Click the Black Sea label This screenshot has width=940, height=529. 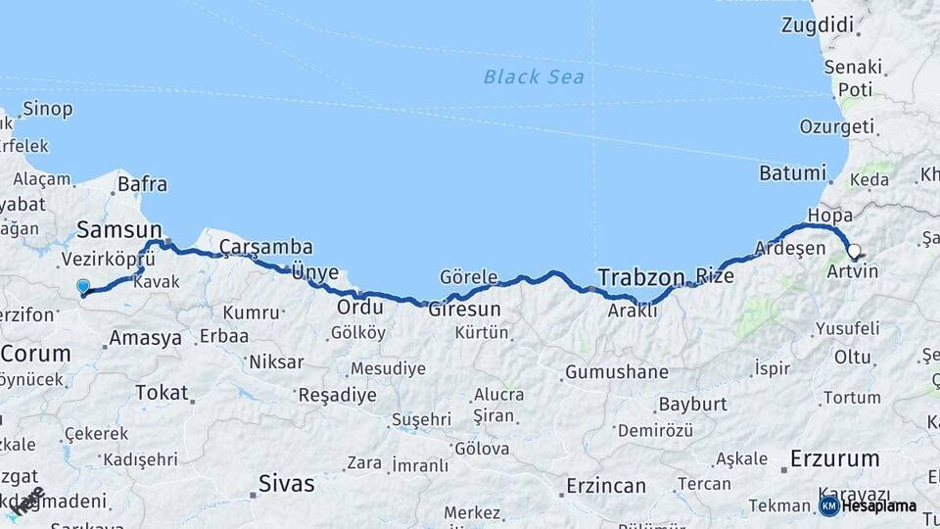(534, 76)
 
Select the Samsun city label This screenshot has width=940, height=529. (119, 229)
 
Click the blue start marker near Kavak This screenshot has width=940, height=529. (83, 287)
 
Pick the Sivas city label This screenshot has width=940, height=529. (287, 483)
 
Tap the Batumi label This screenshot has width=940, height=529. (792, 173)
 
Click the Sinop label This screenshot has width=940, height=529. (47, 109)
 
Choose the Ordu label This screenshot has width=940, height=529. (358, 307)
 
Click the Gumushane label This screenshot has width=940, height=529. (617, 372)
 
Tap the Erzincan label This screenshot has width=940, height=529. (606, 485)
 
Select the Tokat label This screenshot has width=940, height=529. (162, 392)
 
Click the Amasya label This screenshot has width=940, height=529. (146, 338)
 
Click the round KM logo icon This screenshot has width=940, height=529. (828, 506)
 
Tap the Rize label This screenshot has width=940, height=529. (714, 275)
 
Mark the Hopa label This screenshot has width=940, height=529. (829, 215)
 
